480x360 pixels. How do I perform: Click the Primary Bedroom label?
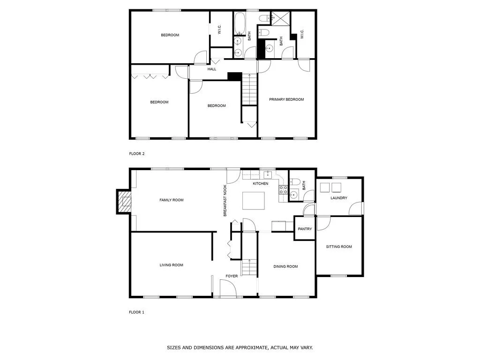click(286, 99)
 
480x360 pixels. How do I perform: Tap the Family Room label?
click(172, 200)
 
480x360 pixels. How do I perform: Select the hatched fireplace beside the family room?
click(124, 202)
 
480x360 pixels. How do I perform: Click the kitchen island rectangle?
click(254, 201)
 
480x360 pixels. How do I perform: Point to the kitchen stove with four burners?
click(283, 190)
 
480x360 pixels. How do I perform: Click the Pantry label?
click(305, 229)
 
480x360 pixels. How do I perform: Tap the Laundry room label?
click(339, 198)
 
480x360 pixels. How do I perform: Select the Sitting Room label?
click(339, 247)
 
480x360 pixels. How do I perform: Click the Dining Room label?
click(285, 266)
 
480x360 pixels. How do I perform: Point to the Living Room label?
click(172, 265)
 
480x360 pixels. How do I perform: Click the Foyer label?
click(232, 276)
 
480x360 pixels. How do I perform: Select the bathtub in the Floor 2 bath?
click(240, 23)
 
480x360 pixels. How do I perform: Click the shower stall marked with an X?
click(281, 19)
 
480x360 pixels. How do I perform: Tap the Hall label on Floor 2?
click(212, 69)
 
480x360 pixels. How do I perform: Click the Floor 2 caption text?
click(137, 154)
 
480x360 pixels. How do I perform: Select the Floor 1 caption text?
click(136, 312)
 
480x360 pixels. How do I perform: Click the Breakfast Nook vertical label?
click(225, 201)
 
